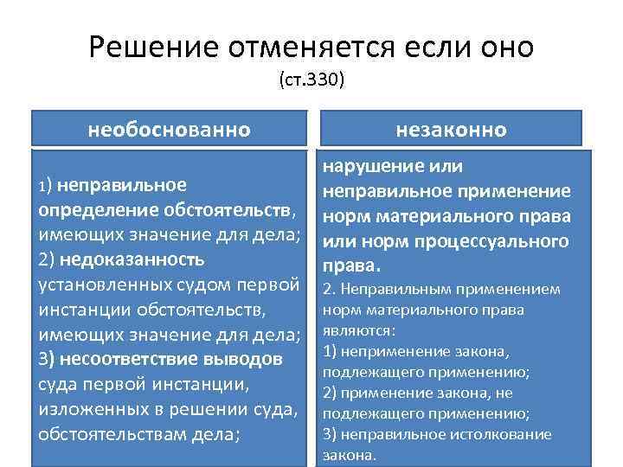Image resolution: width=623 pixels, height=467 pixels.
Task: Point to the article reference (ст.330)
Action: (x=311, y=80)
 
